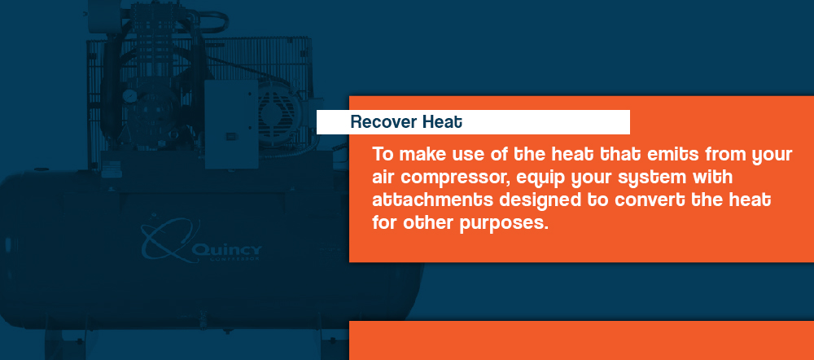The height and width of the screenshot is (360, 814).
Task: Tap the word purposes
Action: [x=504, y=225]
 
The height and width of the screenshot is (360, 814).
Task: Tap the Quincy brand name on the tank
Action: [x=226, y=251]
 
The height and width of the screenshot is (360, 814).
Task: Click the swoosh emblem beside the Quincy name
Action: [x=167, y=240]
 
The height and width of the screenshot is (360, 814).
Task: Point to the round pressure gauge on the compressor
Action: [x=129, y=96]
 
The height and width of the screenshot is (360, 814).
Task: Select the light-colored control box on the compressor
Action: [x=231, y=124]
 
